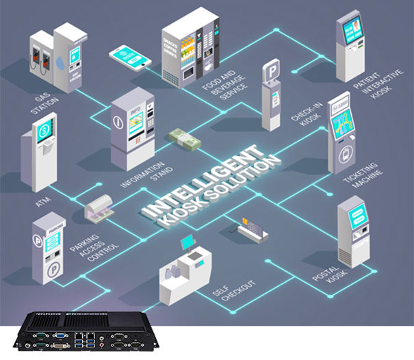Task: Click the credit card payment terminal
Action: click(252, 229)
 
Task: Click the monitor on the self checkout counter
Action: click(186, 242)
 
